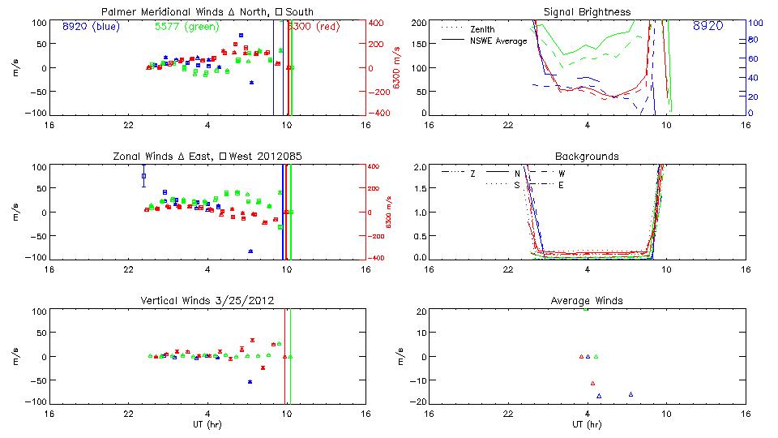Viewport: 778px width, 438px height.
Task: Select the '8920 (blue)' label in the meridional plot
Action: coord(90,26)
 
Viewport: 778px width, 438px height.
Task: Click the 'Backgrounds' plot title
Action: coord(588,156)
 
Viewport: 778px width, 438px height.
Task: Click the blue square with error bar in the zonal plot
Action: coord(143,175)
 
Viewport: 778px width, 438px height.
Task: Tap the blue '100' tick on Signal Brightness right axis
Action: coord(753,23)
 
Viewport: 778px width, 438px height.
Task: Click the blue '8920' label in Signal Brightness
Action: coord(708,26)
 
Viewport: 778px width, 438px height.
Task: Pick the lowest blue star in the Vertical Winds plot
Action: coord(250,381)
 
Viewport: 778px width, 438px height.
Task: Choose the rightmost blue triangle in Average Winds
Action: coord(631,394)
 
